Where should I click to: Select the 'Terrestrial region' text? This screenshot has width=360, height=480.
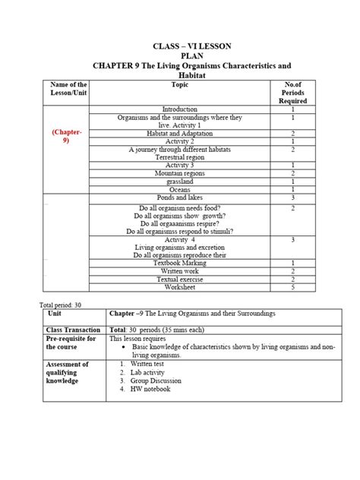pyautogui.click(x=180, y=156)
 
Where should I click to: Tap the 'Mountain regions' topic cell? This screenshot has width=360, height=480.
pyautogui.click(x=180, y=173)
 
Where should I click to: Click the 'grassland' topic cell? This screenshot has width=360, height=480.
pyautogui.click(x=180, y=181)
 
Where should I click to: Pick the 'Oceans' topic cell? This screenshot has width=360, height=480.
pyautogui.click(x=180, y=189)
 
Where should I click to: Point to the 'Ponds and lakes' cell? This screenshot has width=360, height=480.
pyautogui.click(x=180, y=197)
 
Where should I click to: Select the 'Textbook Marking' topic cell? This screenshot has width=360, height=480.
pyautogui.click(x=180, y=263)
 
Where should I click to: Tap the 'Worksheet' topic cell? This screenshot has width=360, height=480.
pyautogui.click(x=180, y=287)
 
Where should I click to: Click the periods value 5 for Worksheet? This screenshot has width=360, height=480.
pyautogui.click(x=292, y=287)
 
